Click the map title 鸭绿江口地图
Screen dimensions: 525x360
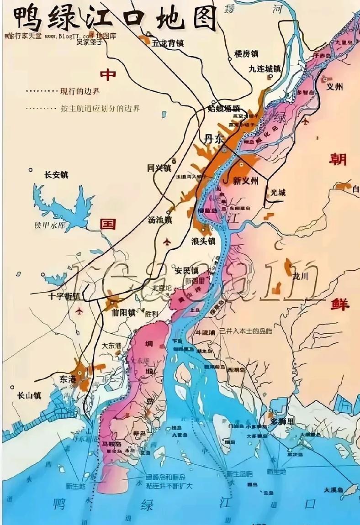click(x=115, y=18)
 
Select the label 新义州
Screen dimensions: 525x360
click(x=245, y=181)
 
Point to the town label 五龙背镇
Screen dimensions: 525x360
click(x=168, y=43)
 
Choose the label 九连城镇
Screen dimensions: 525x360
click(x=265, y=69)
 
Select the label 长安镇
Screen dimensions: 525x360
click(x=56, y=174)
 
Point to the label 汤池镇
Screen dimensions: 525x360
click(x=159, y=220)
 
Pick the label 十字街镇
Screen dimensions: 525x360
click(x=64, y=296)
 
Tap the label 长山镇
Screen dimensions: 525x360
click(x=29, y=395)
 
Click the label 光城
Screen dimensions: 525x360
click(x=277, y=193)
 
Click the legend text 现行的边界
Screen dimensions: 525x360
click(x=79, y=91)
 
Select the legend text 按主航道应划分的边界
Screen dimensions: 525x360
click(x=100, y=109)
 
